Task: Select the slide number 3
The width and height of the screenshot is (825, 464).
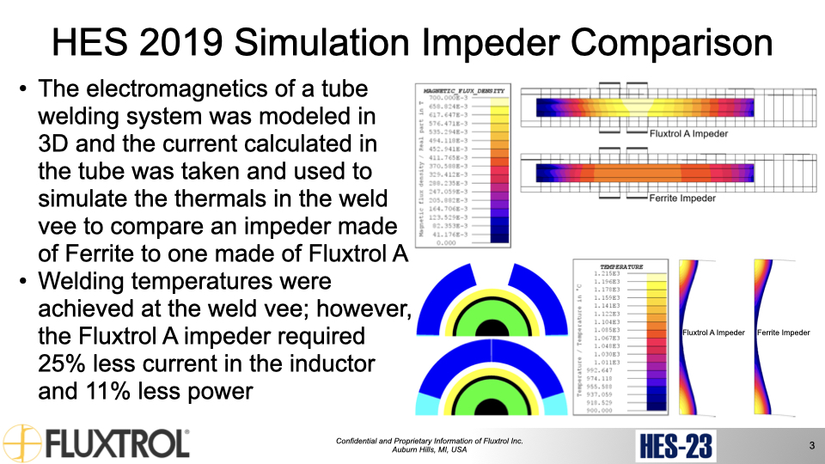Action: (x=811, y=445)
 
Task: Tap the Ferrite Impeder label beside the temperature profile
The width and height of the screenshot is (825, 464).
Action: (x=783, y=333)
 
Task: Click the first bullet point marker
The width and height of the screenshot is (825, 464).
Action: (x=22, y=89)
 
